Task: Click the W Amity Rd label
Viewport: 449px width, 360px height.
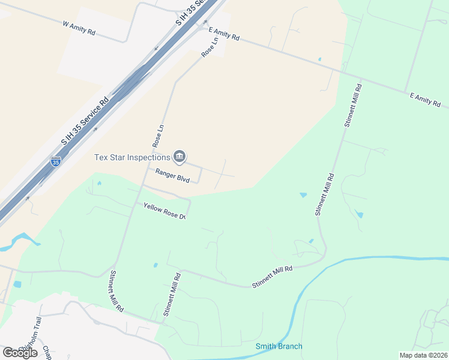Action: coord(79,28)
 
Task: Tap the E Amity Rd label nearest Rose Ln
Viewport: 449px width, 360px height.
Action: coord(224,34)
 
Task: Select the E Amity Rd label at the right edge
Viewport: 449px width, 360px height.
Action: coord(425,100)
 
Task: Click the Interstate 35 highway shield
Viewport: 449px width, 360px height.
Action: coord(55,161)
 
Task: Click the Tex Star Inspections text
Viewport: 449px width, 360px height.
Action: coord(132,157)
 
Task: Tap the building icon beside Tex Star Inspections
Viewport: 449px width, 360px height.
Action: coord(179,157)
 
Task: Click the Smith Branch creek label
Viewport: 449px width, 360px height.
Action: coord(279,346)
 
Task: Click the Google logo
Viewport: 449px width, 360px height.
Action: coord(20,352)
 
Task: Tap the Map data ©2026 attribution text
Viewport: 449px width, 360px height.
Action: coord(423,355)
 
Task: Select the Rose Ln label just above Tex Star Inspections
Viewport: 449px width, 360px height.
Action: coord(158,136)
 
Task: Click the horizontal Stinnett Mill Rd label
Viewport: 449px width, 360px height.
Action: coord(272,278)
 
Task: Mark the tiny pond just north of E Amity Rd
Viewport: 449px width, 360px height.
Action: coord(319,59)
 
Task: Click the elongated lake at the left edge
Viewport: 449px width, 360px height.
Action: coord(18,241)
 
